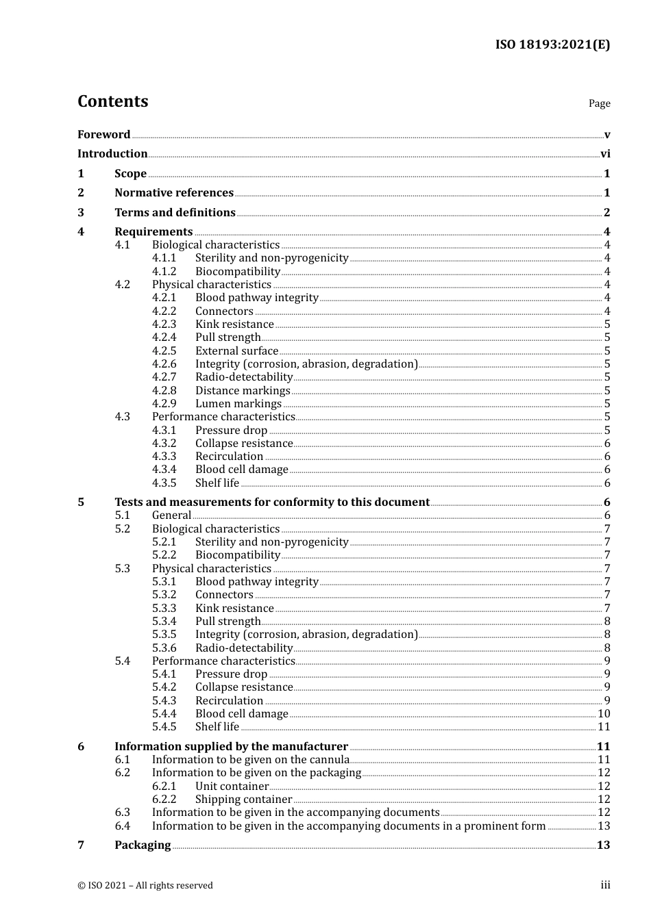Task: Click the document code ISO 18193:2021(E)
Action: tap(552, 44)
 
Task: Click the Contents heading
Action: tap(112, 101)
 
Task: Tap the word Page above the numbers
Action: tap(599, 103)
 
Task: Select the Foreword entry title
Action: tap(103, 134)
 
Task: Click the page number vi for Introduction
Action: tap(605, 154)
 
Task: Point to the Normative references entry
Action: tap(174, 193)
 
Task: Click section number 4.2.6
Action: tap(164, 364)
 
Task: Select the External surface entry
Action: tap(236, 350)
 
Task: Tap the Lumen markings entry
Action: tap(238, 404)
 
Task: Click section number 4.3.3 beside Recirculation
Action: tap(164, 457)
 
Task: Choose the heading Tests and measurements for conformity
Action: tap(272, 502)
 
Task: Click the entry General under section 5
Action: tap(171, 515)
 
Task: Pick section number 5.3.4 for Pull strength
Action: tap(164, 622)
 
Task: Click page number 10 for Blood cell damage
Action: tap(604, 714)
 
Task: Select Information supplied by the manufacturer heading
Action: tap(231, 747)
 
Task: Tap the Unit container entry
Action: tap(232, 787)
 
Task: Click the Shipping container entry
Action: tap(243, 800)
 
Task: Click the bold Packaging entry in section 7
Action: tap(143, 845)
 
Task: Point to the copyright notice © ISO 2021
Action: tap(145, 885)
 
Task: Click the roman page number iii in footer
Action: tap(605, 885)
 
